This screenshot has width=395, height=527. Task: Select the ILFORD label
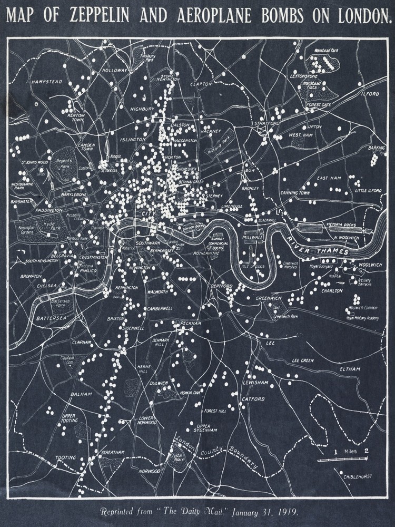(370, 94)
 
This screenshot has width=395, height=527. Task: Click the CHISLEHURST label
(358, 476)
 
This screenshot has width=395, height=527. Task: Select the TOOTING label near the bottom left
(66, 457)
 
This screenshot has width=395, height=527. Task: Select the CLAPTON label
(201, 84)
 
